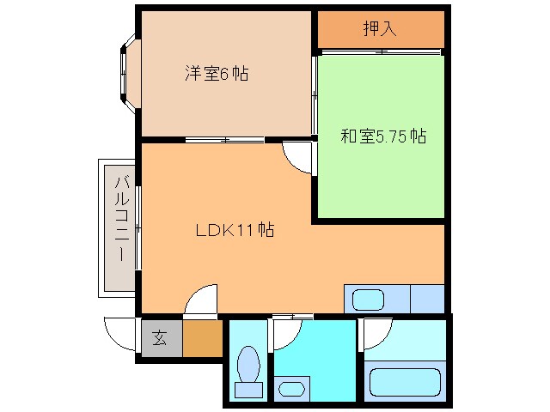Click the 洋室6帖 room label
pyautogui.click(x=216, y=74)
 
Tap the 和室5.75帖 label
pyautogui.click(x=383, y=136)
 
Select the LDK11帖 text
pyautogui.click(x=234, y=230)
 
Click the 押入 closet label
pyautogui.click(x=379, y=29)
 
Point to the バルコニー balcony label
pyautogui.click(x=121, y=218)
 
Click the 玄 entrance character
pyautogui.click(x=160, y=338)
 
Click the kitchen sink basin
pyautogui.click(x=367, y=300)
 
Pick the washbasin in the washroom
pyautogui.click(x=292, y=388)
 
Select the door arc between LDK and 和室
pyautogui.click(x=298, y=158)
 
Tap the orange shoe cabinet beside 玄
pyautogui.click(x=203, y=338)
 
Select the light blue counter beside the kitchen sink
pyautogui.click(x=426, y=300)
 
